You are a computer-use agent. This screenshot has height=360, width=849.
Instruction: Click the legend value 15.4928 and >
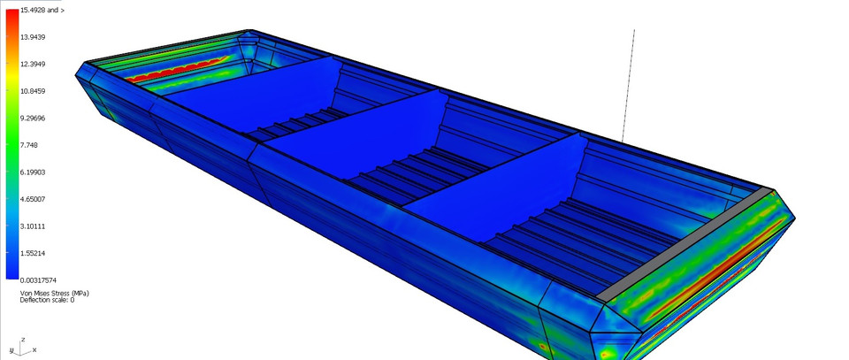[42, 10]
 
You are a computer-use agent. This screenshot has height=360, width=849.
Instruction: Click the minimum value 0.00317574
[42, 280]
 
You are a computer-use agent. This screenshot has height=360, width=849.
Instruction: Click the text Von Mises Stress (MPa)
[54, 293]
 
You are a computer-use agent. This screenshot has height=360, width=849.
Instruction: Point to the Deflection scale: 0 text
[47, 301]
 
